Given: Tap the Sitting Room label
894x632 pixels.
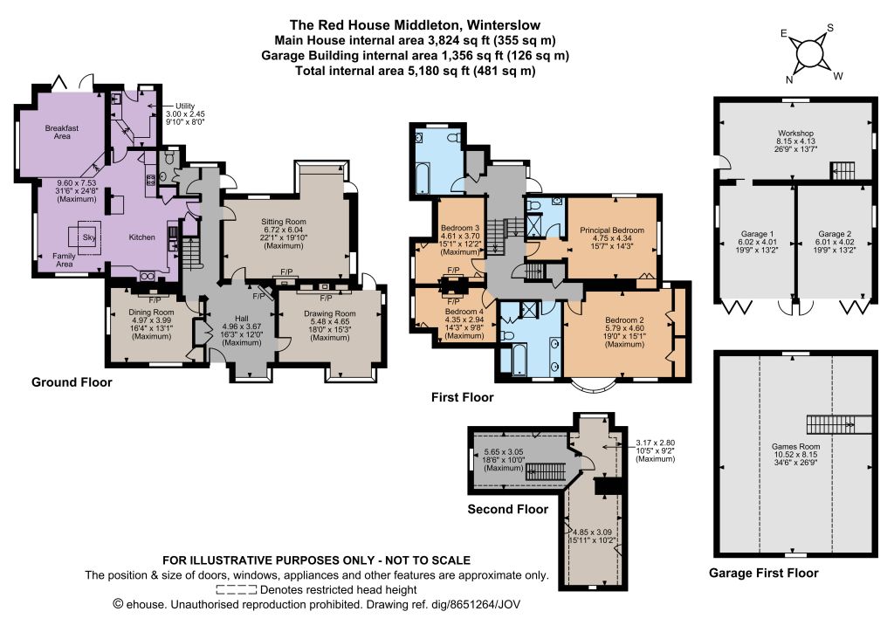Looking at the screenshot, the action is [284, 222].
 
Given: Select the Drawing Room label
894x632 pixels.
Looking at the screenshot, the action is [329, 313].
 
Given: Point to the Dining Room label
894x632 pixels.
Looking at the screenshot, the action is [151, 313].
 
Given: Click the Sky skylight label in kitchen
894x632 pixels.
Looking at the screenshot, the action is [89, 237].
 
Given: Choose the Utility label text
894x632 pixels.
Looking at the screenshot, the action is [185, 106].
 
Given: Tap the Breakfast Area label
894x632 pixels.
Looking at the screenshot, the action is [62, 132].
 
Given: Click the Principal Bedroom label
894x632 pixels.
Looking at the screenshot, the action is [612, 230].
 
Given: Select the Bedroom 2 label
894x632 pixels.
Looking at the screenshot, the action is [624, 320].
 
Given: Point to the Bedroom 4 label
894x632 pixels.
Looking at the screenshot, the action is [464, 312].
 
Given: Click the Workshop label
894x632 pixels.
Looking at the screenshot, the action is [795, 134].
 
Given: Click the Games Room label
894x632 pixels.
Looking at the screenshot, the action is [795, 447].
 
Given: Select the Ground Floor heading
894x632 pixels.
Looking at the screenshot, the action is [72, 382].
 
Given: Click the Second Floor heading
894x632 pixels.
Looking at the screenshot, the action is [507, 510].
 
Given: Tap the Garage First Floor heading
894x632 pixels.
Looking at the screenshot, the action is [763, 574].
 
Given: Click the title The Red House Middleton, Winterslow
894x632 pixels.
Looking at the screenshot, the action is [415, 25].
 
